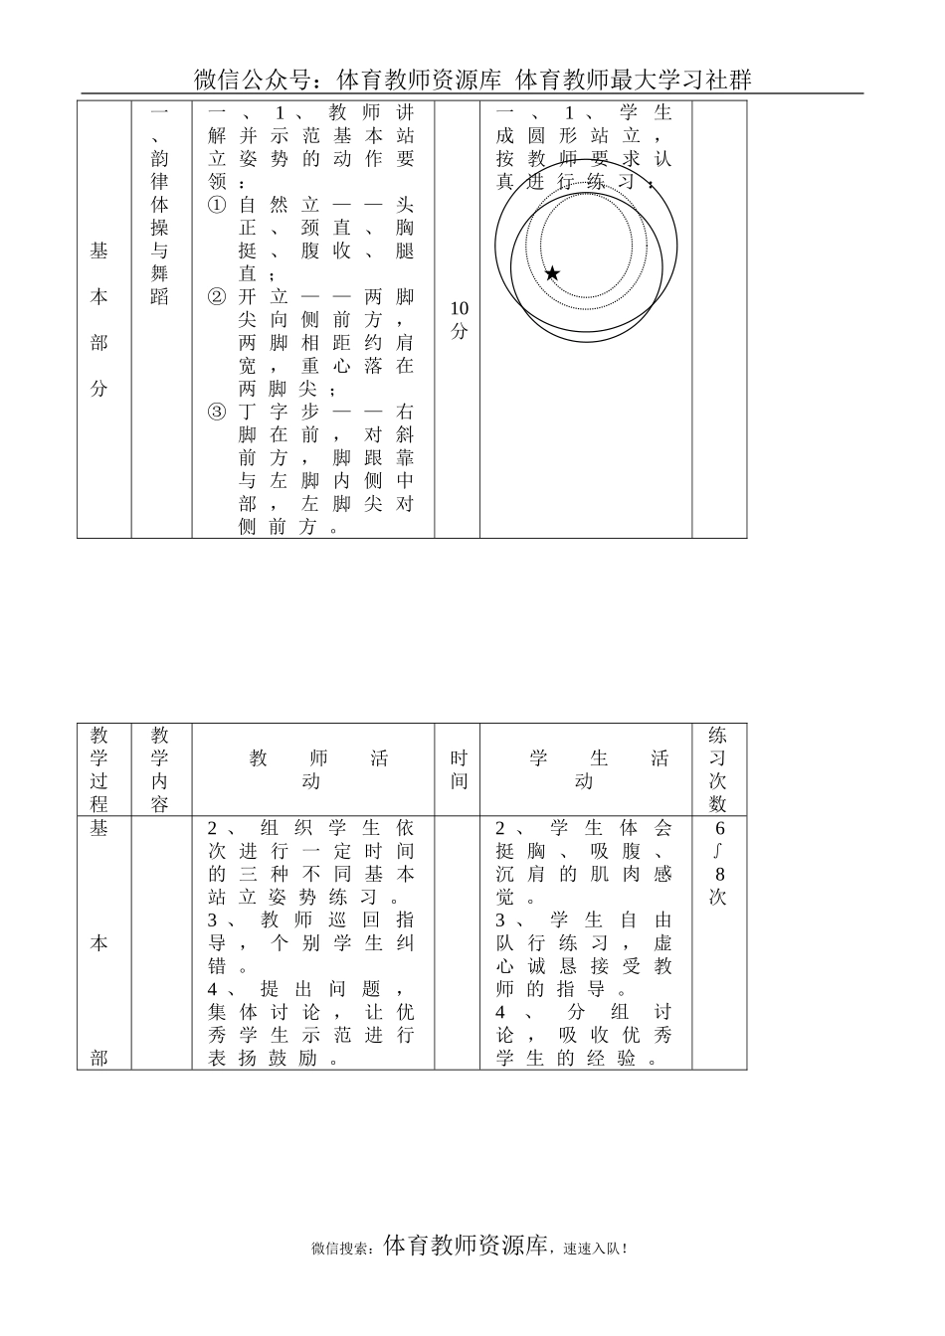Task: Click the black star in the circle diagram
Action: tap(552, 273)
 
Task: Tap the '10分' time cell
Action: tap(459, 320)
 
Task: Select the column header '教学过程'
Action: tap(99, 769)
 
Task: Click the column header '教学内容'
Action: tap(160, 769)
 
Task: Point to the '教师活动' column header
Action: tap(313, 769)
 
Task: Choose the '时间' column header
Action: tap(459, 769)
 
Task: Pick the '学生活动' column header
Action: tap(586, 769)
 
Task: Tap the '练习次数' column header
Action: tap(718, 769)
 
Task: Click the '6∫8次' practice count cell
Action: tap(718, 862)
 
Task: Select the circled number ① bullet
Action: tap(217, 205)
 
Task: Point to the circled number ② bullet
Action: tap(217, 297)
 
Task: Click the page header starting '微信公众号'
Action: tap(472, 80)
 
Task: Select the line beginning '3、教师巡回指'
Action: tap(311, 920)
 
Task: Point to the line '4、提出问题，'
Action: tap(311, 989)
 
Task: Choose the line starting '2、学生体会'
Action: tap(585, 828)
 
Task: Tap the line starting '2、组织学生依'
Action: tap(311, 828)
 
